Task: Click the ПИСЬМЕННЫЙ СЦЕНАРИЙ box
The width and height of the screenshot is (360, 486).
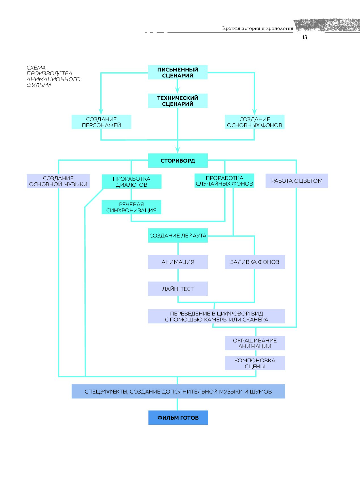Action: (x=178, y=72)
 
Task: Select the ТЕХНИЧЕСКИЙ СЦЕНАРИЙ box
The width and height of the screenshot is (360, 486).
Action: (x=178, y=101)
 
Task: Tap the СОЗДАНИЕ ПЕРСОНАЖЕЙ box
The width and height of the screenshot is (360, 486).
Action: (x=101, y=122)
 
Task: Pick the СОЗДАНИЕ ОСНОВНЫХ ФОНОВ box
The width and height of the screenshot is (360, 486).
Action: (x=255, y=122)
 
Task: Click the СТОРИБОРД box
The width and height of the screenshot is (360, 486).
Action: (x=178, y=161)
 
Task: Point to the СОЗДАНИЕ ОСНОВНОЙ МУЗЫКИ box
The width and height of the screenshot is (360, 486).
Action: (x=58, y=181)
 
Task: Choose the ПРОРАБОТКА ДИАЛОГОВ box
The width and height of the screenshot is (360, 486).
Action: (x=132, y=182)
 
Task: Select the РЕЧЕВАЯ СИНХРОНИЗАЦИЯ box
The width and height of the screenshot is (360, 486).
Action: (x=132, y=207)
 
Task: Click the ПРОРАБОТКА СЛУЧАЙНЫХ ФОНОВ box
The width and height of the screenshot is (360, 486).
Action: (x=224, y=181)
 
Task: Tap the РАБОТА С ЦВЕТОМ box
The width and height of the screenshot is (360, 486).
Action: (x=297, y=181)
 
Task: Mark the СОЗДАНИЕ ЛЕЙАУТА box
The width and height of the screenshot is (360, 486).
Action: (x=178, y=235)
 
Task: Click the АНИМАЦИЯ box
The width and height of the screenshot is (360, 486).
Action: (x=178, y=262)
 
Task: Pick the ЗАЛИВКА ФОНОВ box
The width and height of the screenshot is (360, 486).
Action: (x=255, y=262)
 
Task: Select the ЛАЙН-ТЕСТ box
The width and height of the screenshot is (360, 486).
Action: (x=178, y=289)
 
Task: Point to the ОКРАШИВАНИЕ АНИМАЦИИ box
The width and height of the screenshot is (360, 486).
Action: (x=255, y=343)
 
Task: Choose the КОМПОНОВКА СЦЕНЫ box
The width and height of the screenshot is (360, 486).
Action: (x=255, y=363)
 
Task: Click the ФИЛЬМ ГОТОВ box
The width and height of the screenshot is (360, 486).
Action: (x=178, y=418)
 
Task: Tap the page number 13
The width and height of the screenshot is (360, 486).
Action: (x=305, y=37)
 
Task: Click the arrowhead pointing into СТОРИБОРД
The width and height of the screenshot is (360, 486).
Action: (x=178, y=150)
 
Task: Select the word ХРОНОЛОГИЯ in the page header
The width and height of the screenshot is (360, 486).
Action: (x=279, y=28)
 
